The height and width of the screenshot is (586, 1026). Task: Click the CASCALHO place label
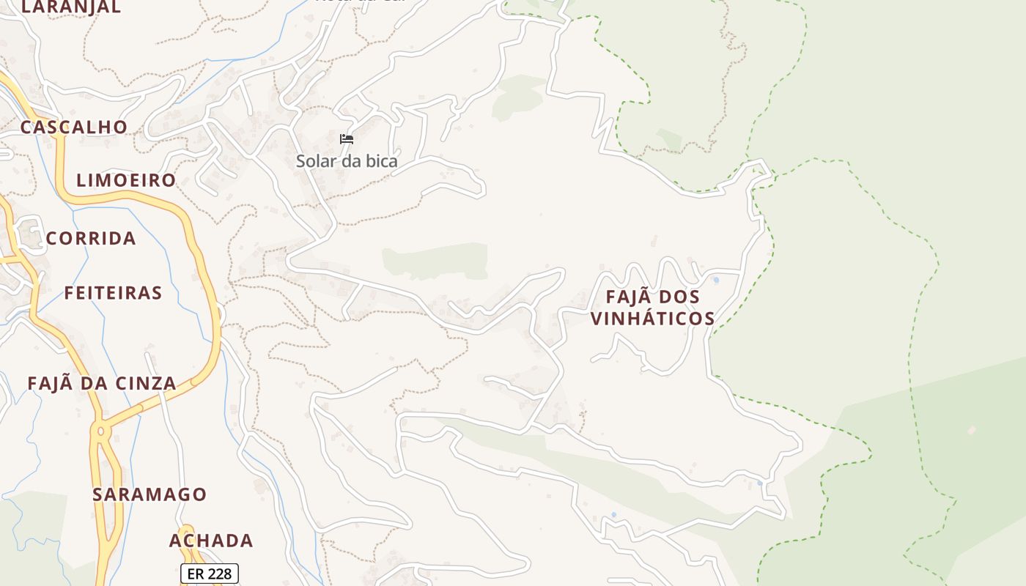pyautogui.click(x=73, y=127)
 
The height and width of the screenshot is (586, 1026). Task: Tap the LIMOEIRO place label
pyautogui.click(x=126, y=180)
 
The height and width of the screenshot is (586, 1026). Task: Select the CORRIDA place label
pyautogui.click(x=91, y=238)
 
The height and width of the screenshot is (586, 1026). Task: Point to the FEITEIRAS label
pyautogui.click(x=113, y=293)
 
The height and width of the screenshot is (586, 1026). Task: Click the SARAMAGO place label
pyautogui.click(x=150, y=494)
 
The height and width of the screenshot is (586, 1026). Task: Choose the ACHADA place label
pyautogui.click(x=211, y=541)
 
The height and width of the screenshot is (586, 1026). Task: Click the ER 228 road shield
pyautogui.click(x=210, y=574)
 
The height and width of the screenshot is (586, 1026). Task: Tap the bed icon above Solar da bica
pyautogui.click(x=347, y=139)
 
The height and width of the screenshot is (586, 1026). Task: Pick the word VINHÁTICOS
pyautogui.click(x=652, y=319)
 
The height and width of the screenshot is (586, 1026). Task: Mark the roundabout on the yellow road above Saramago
pyautogui.click(x=100, y=431)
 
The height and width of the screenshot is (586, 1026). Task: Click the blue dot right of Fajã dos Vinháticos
pyautogui.click(x=716, y=280)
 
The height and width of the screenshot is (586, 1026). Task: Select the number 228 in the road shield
pyautogui.click(x=219, y=574)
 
